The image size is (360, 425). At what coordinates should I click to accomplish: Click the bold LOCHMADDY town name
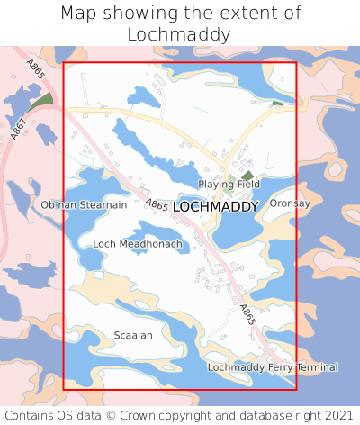click(x=215, y=206)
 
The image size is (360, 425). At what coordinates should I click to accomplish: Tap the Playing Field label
click(x=229, y=184)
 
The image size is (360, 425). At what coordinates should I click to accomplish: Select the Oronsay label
click(x=290, y=203)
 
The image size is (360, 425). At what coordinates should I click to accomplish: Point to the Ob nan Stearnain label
click(x=84, y=205)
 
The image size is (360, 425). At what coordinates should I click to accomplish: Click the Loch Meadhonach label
click(x=138, y=244)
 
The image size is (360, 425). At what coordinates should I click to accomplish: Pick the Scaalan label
click(x=133, y=335)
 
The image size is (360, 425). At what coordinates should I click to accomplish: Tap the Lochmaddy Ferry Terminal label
click(x=273, y=367)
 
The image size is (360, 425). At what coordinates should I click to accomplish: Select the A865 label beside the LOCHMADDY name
click(x=157, y=205)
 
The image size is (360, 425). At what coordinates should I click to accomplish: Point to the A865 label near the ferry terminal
click(x=248, y=315)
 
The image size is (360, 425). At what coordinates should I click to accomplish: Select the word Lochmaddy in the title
click(x=179, y=35)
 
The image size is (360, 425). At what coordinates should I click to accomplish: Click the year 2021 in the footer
click(x=339, y=415)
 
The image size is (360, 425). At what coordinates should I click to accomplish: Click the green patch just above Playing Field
click(x=247, y=174)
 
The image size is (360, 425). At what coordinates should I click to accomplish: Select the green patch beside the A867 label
click(x=39, y=102)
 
